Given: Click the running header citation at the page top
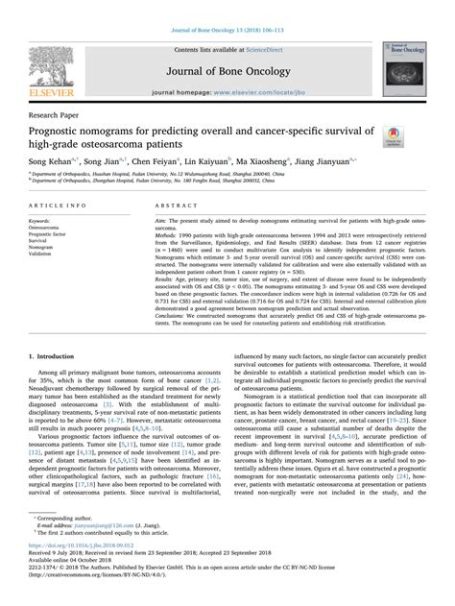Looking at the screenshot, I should pyautogui.click(x=227, y=7).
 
